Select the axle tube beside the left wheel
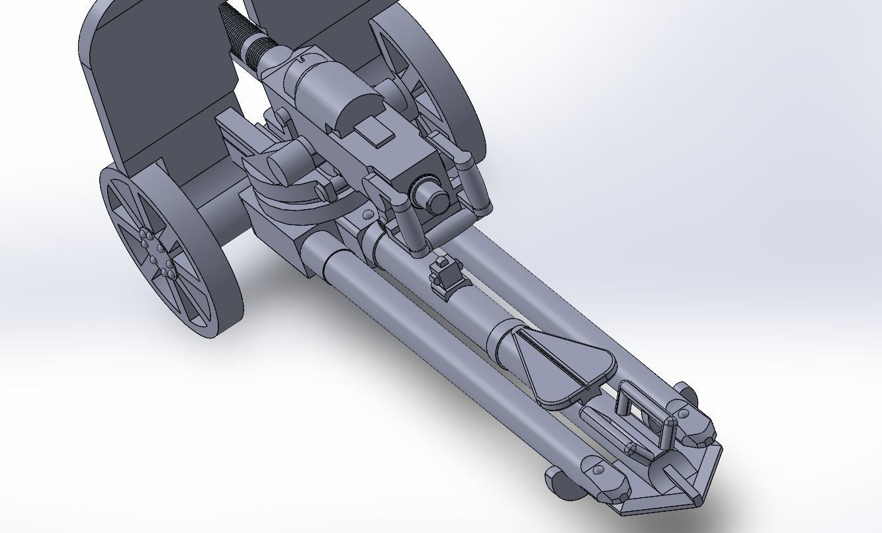click(x=212, y=218)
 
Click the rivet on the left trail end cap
click(x=597, y=469)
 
